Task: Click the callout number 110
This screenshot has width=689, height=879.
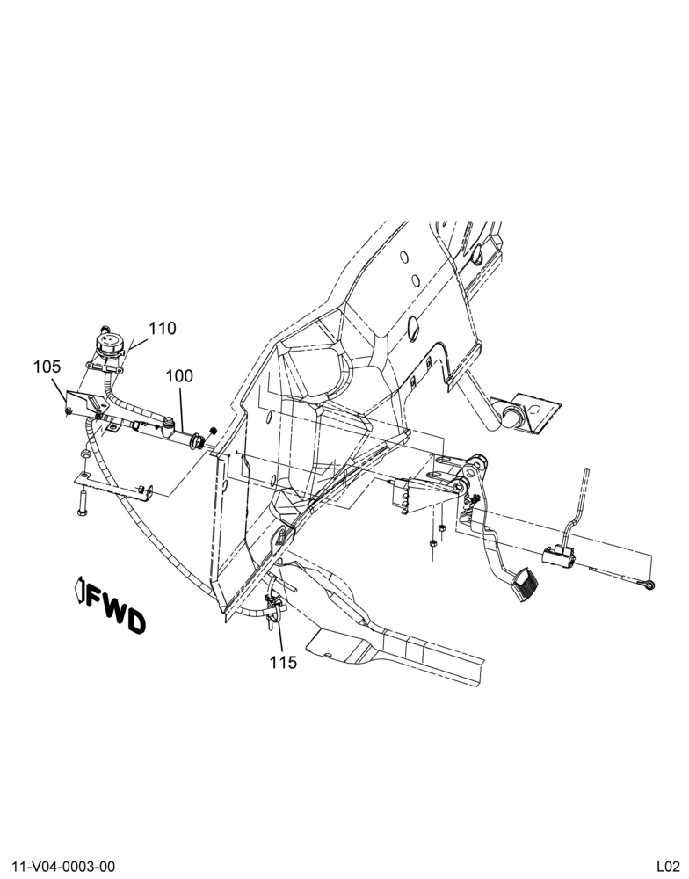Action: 163,328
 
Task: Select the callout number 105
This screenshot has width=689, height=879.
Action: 47,367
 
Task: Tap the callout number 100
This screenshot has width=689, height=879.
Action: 179,375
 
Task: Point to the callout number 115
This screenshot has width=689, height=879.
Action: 283,662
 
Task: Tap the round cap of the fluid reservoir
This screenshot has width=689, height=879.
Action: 108,342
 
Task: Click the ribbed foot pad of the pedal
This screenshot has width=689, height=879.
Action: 526,584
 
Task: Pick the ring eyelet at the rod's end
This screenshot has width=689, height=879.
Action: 649,585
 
